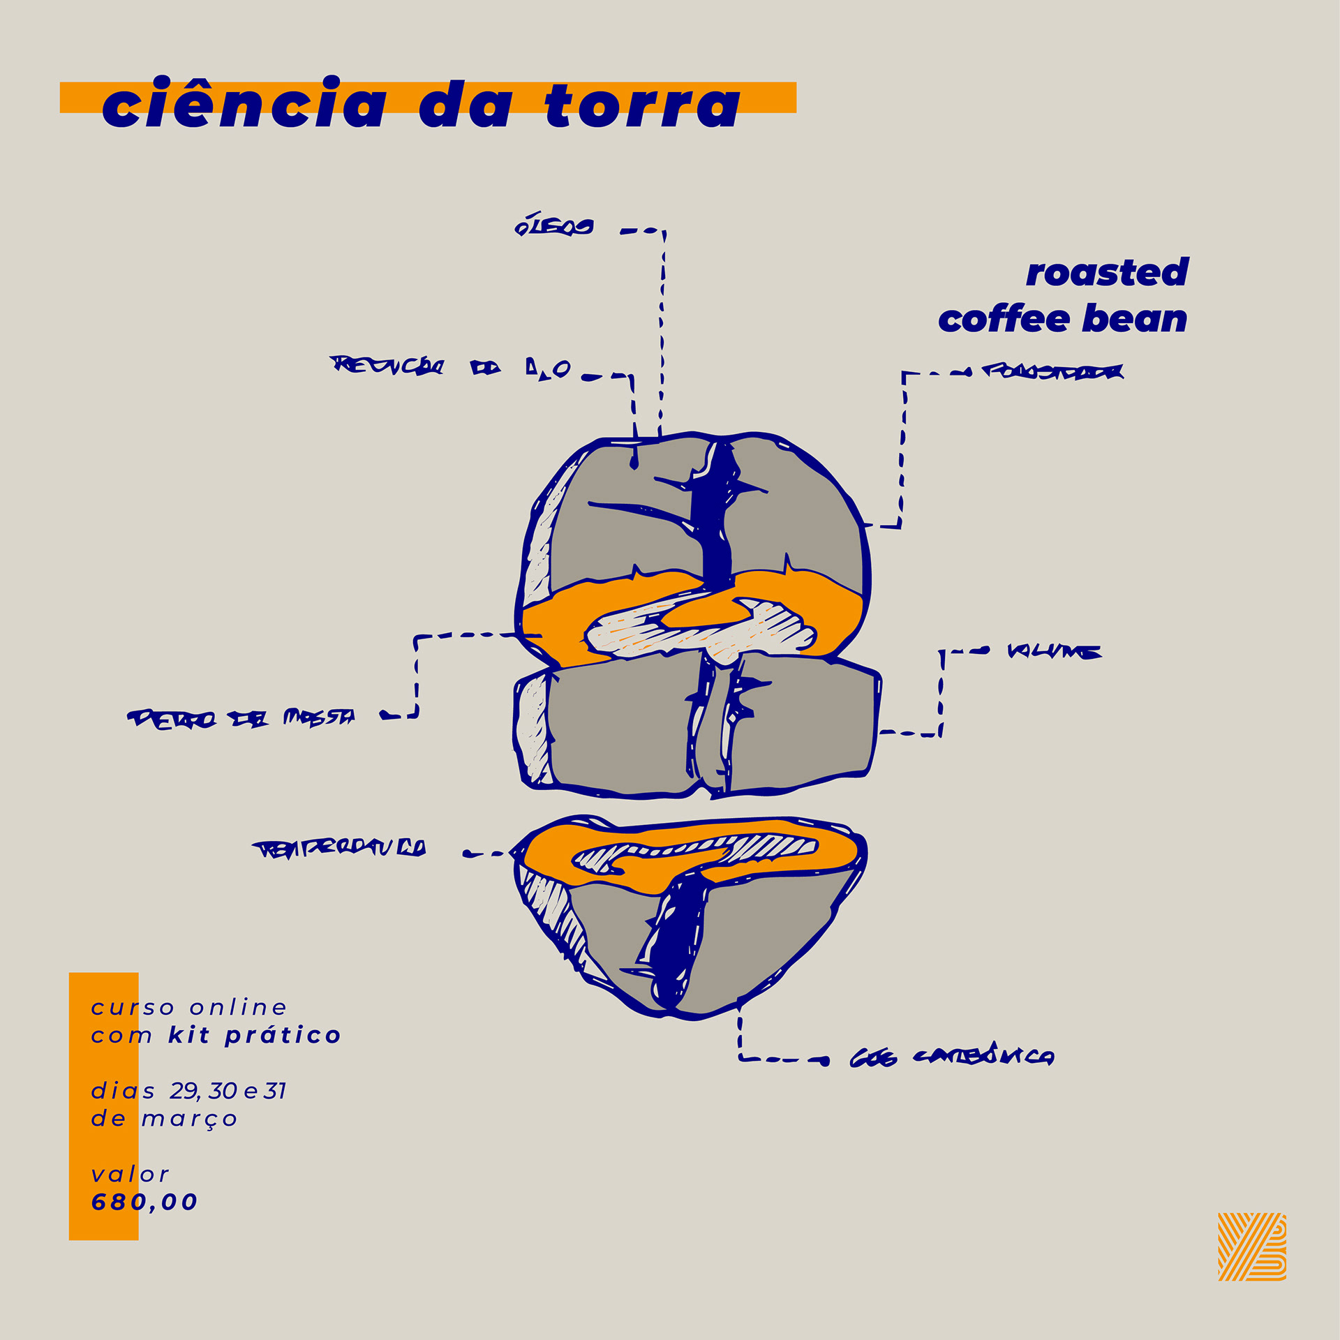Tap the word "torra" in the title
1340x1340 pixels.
(642, 106)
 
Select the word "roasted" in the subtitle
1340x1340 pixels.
(1107, 273)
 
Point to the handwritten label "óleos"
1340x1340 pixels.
(554, 227)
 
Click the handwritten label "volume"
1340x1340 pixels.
(1054, 652)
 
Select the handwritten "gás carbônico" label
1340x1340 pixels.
(953, 1057)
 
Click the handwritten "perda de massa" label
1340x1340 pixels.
(241, 717)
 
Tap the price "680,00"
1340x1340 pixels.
(144, 1202)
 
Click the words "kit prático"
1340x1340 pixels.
(254, 1035)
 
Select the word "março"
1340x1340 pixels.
(189, 1119)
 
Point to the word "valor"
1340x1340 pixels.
(130, 1175)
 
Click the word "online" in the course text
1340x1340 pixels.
(238, 1007)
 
